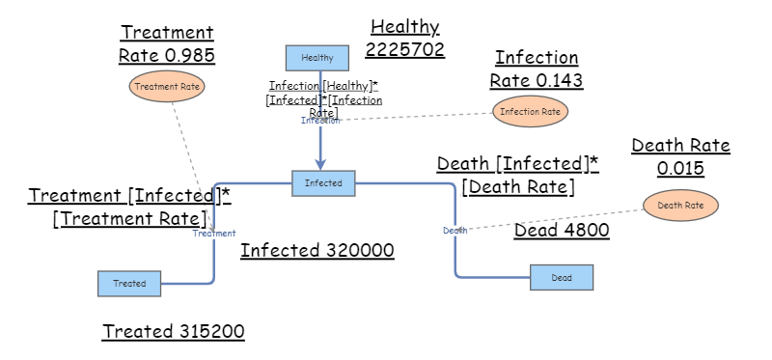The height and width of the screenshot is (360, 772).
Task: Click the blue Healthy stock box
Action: coord(317,58)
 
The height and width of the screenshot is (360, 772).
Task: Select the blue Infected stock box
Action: coord(323,182)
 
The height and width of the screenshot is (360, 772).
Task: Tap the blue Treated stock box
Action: coord(128,284)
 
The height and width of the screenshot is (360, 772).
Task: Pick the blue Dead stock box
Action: coord(562,277)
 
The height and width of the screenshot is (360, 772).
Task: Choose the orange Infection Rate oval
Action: coord(530,112)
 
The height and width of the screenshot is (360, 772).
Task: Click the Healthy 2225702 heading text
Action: coord(405,38)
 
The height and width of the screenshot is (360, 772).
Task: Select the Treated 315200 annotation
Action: coord(174,331)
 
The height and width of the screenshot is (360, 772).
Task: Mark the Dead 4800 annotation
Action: coord(561,231)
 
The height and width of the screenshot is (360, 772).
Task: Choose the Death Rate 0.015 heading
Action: coord(680,156)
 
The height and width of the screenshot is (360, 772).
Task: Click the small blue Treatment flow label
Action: coord(213,234)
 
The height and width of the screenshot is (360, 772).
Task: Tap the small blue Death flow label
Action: coord(455,230)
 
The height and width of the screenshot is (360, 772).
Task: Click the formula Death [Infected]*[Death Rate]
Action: coord(517,175)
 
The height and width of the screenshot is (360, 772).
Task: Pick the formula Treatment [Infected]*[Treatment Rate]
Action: coord(129,207)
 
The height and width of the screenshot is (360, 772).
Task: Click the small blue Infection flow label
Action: coord(319,121)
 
